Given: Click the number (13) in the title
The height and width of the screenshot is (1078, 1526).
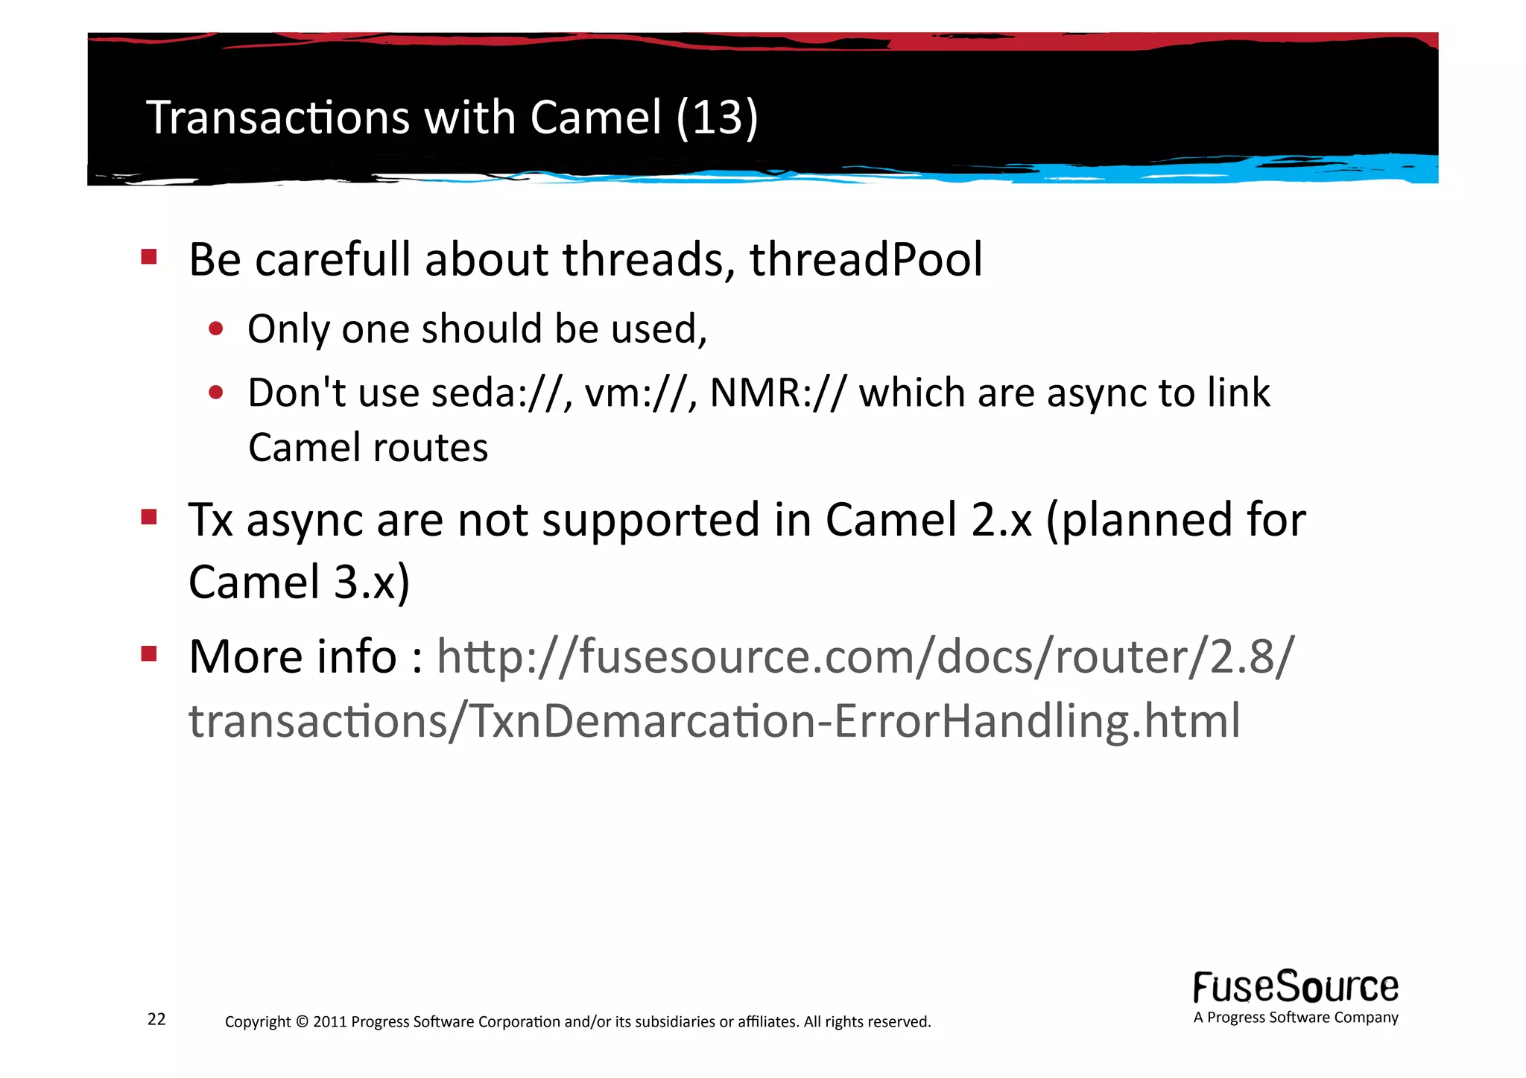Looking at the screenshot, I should [717, 118].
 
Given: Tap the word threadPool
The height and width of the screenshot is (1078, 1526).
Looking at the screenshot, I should [866, 259].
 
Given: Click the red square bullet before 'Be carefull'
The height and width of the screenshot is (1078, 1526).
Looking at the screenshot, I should [149, 258].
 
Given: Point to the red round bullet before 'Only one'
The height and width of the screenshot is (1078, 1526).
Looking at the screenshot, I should [216, 329].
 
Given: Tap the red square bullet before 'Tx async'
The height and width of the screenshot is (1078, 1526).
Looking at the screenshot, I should [149, 517].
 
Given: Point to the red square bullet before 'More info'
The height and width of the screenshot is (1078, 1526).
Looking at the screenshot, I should [149, 654].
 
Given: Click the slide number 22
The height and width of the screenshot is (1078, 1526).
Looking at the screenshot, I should [156, 1019].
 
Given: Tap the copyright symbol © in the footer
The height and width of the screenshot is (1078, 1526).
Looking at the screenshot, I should [301, 1021].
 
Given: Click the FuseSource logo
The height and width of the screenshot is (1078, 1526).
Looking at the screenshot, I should [1295, 989].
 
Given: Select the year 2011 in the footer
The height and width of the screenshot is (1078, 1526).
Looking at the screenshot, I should [330, 1021].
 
